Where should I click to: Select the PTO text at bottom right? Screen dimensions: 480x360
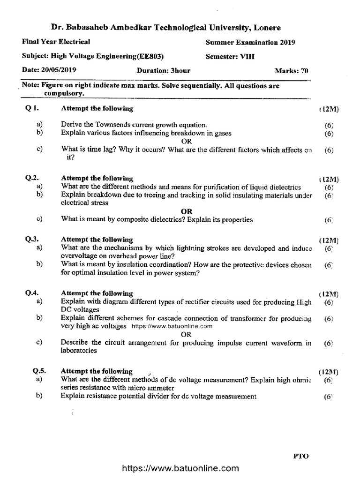coord(301,455)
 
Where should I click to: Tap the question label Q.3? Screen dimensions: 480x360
coord(32,239)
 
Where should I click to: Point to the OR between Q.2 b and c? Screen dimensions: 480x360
coord(187,211)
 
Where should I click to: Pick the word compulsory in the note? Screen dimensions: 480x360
coord(64,93)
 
